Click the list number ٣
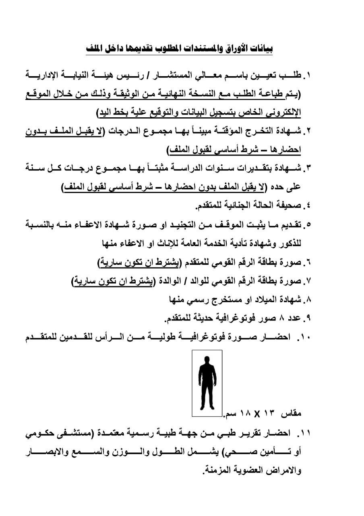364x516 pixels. click(x=308, y=167)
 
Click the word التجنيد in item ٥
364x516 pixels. click(x=184, y=224)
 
